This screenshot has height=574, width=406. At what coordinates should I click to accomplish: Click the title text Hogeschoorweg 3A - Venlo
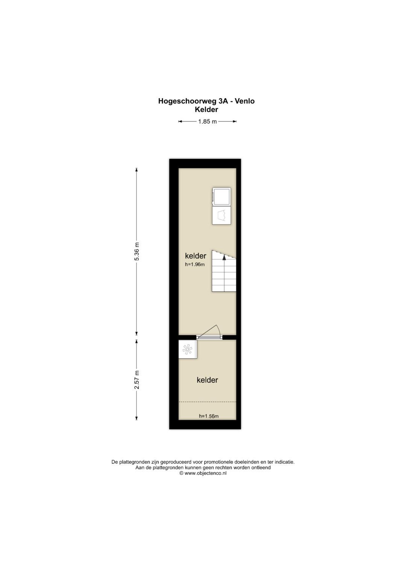pyautogui.click(x=206, y=101)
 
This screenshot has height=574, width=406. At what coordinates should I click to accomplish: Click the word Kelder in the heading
pyautogui.click(x=206, y=109)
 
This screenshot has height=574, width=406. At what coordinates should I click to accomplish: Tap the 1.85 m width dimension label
pyautogui.click(x=208, y=121)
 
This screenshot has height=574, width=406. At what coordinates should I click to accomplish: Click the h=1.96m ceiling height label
pyautogui.click(x=195, y=265)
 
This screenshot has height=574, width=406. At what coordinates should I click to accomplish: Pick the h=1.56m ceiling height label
pyautogui.click(x=209, y=416)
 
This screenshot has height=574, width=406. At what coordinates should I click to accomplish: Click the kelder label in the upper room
pyautogui.click(x=195, y=256)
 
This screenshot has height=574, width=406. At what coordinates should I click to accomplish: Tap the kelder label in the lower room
pyautogui.click(x=208, y=380)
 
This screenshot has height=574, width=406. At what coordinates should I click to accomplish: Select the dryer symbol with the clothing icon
pyautogui.click(x=221, y=215)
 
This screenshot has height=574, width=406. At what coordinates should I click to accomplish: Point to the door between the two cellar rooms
pyautogui.click(x=210, y=333)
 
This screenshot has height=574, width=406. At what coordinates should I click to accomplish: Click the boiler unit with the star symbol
pyautogui.click(x=188, y=349)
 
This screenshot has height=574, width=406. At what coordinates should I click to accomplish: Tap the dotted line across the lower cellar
pyautogui.click(x=208, y=402)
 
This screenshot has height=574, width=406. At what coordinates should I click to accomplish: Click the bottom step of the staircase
pyautogui.click(x=224, y=288)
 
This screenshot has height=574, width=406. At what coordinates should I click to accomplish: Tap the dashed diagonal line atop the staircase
pyautogui.click(x=224, y=254)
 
